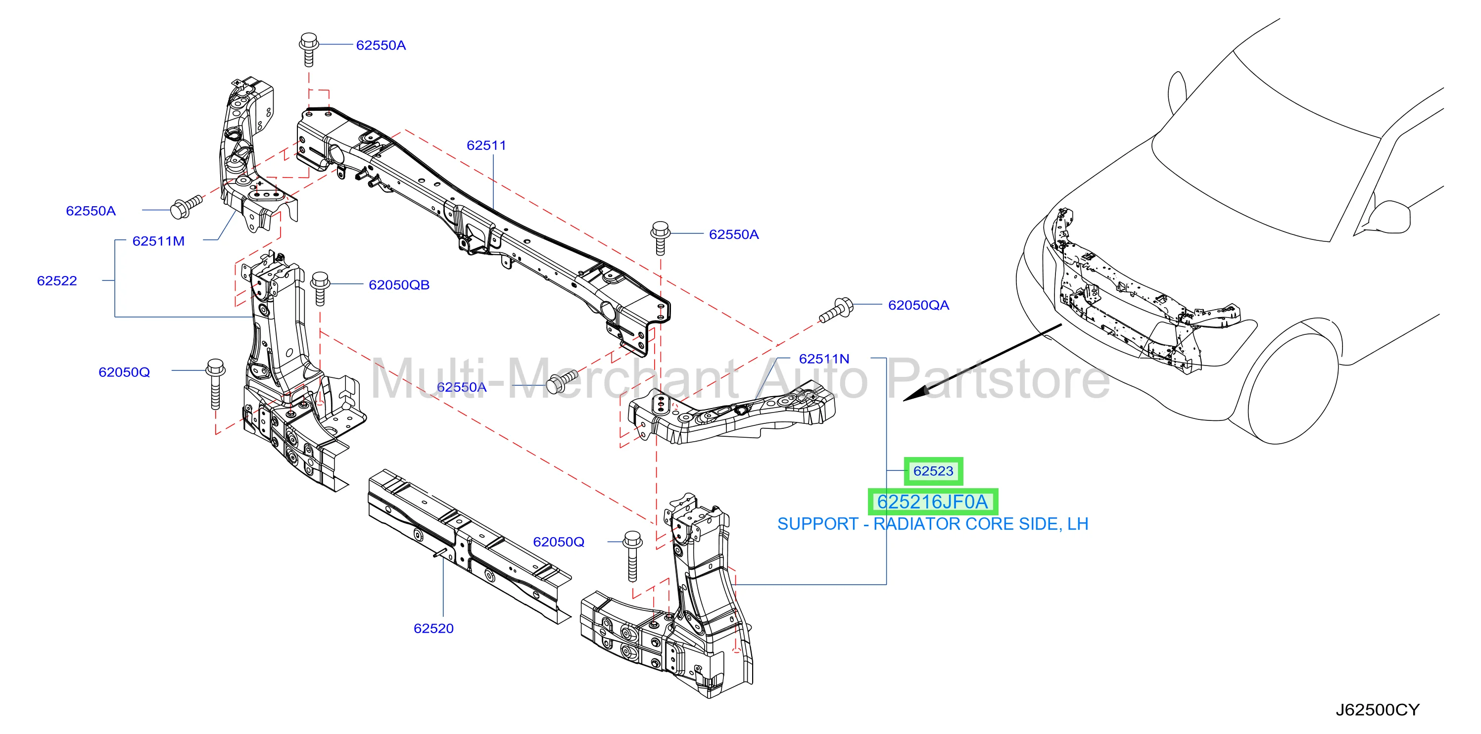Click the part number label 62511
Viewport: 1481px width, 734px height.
point(486,145)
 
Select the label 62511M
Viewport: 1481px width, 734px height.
point(159,241)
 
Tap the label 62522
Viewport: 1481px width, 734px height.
point(57,281)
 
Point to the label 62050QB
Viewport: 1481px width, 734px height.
point(399,285)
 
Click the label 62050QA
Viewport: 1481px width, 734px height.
point(919,305)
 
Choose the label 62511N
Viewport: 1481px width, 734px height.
point(824,359)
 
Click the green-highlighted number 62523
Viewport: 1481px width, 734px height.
point(934,471)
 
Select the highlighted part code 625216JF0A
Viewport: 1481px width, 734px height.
point(933,502)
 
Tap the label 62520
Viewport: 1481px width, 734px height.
point(433,629)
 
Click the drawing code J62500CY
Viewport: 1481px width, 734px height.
point(1378,710)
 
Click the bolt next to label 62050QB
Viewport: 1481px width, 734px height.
point(320,288)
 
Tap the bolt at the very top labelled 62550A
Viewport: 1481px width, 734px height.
point(309,49)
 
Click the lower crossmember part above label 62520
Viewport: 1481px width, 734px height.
point(470,547)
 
